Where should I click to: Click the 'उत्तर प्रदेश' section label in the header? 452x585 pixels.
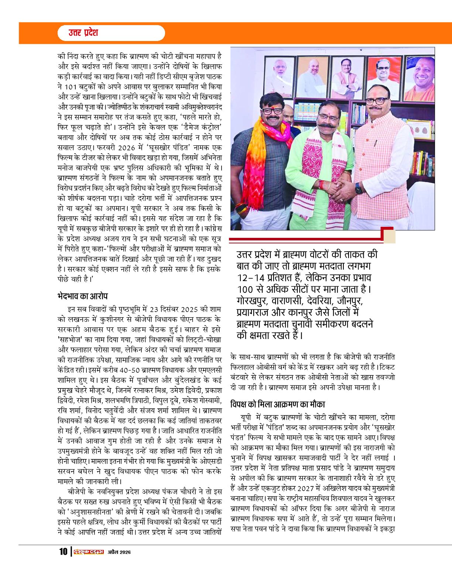pyautogui.click(x=83, y=33)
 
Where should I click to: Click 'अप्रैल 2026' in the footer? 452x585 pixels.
pyautogui.click(x=119, y=552)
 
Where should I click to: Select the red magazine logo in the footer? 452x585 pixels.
pyautogui.click(x=89, y=552)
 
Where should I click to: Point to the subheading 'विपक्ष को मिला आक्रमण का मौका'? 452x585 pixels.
pyautogui.click(x=277, y=404)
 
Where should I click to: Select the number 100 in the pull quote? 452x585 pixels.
pyautogui.click(x=245, y=288)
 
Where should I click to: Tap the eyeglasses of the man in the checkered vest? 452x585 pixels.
pyautogui.click(x=378, y=101)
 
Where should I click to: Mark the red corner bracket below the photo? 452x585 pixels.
pyautogui.click(x=387, y=235)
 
